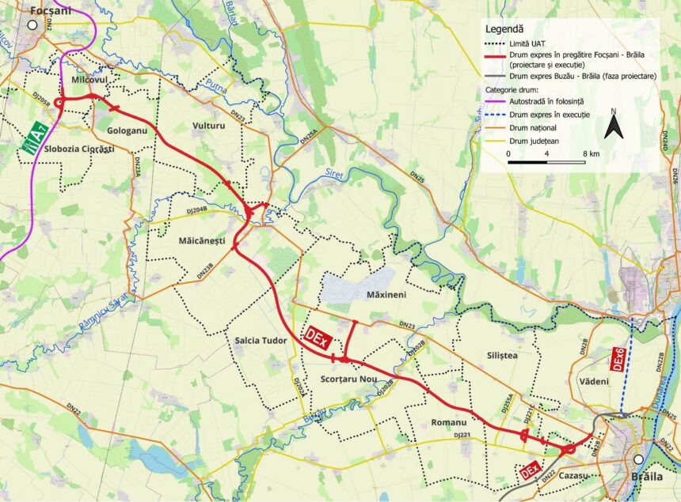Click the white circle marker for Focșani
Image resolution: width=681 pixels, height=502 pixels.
(32, 25)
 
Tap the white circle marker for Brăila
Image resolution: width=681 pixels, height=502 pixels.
(638, 460)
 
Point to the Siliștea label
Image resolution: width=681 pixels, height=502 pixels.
(499, 356)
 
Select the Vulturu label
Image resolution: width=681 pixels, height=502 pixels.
(209, 126)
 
